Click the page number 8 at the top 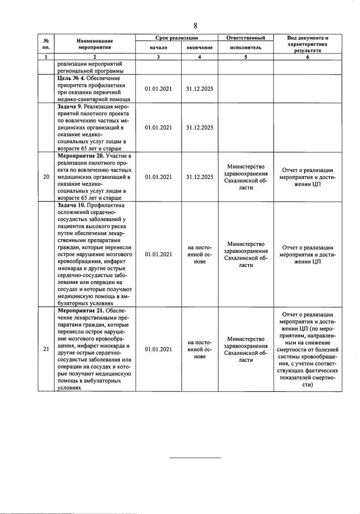pyautogui.click(x=195, y=25)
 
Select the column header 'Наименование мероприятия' pyautogui.click(x=95, y=44)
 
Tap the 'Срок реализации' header pyautogui.click(x=175, y=37)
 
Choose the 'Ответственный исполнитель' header pyautogui.click(x=246, y=43)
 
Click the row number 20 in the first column pyautogui.click(x=46, y=177)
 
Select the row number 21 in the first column pyautogui.click(x=46, y=349)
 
